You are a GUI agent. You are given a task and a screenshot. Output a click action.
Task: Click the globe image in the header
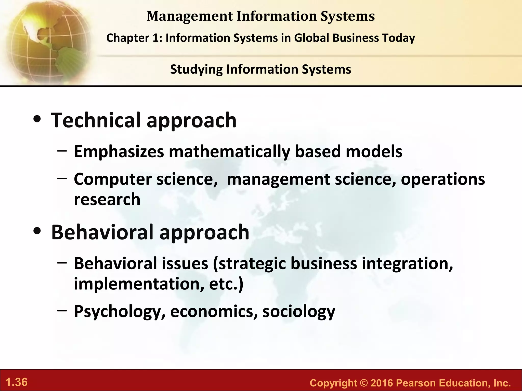pyautogui.click(x=46, y=41)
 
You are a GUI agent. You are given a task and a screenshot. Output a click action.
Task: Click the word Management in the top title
pyautogui.click(x=190, y=16)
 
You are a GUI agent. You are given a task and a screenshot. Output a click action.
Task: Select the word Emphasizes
pyautogui.click(x=119, y=152)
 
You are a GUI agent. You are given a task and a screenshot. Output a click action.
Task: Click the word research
pyautogui.click(x=107, y=199)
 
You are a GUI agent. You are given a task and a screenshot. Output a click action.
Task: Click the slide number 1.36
pyautogui.click(x=17, y=382)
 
